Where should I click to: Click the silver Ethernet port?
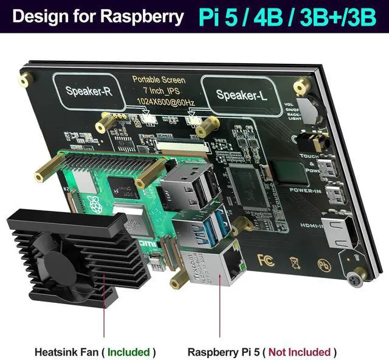225,264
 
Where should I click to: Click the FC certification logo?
263,258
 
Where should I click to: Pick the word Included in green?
129,351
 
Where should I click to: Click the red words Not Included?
300,351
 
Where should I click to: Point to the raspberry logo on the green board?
92,203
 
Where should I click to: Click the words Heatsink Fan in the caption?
65,351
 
